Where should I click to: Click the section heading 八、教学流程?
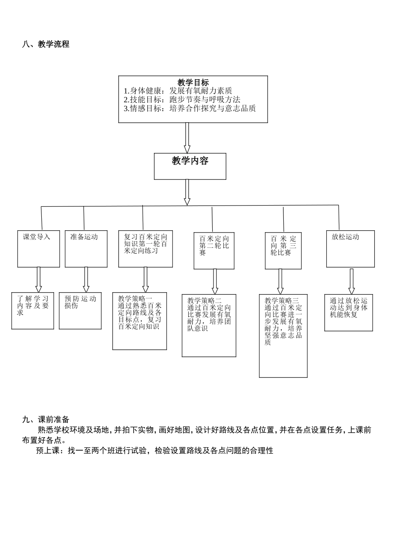click(46, 44)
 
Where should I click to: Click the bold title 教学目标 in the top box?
click(193, 82)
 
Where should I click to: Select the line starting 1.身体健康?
click(178, 91)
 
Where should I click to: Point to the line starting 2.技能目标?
click(182, 99)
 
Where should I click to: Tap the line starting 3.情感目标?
click(190, 109)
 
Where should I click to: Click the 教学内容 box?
click(190, 166)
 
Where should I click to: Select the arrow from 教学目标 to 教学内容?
click(187, 138)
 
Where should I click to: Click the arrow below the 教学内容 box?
click(187, 192)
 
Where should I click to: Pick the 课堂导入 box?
click(38, 249)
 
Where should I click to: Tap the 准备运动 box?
click(86, 249)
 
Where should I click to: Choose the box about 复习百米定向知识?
click(146, 249)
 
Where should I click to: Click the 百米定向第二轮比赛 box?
click(214, 251)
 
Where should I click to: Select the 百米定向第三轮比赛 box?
click(283, 251)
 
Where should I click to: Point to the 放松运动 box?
click(350, 249)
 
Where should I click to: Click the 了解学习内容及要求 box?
click(33, 310)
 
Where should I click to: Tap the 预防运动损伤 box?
click(80, 310)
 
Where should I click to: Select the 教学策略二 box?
click(209, 325)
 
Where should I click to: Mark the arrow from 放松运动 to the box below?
click(352, 281)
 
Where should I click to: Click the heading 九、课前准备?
click(46, 420)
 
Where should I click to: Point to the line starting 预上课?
click(155, 450)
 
